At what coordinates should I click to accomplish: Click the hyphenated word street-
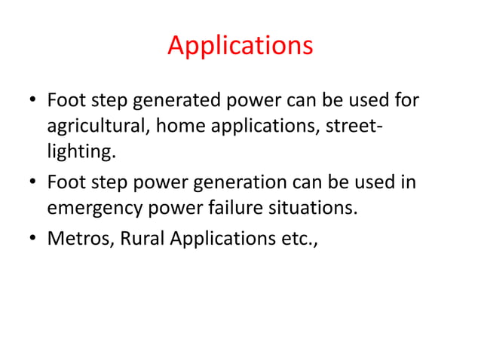pos(353,127)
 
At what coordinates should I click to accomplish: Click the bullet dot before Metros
pos(32,239)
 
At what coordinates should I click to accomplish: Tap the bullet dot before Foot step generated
pos(32,102)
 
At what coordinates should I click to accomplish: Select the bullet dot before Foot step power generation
pos(32,184)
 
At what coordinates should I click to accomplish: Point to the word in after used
pos(407,182)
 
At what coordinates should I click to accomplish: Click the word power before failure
pos(181,209)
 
